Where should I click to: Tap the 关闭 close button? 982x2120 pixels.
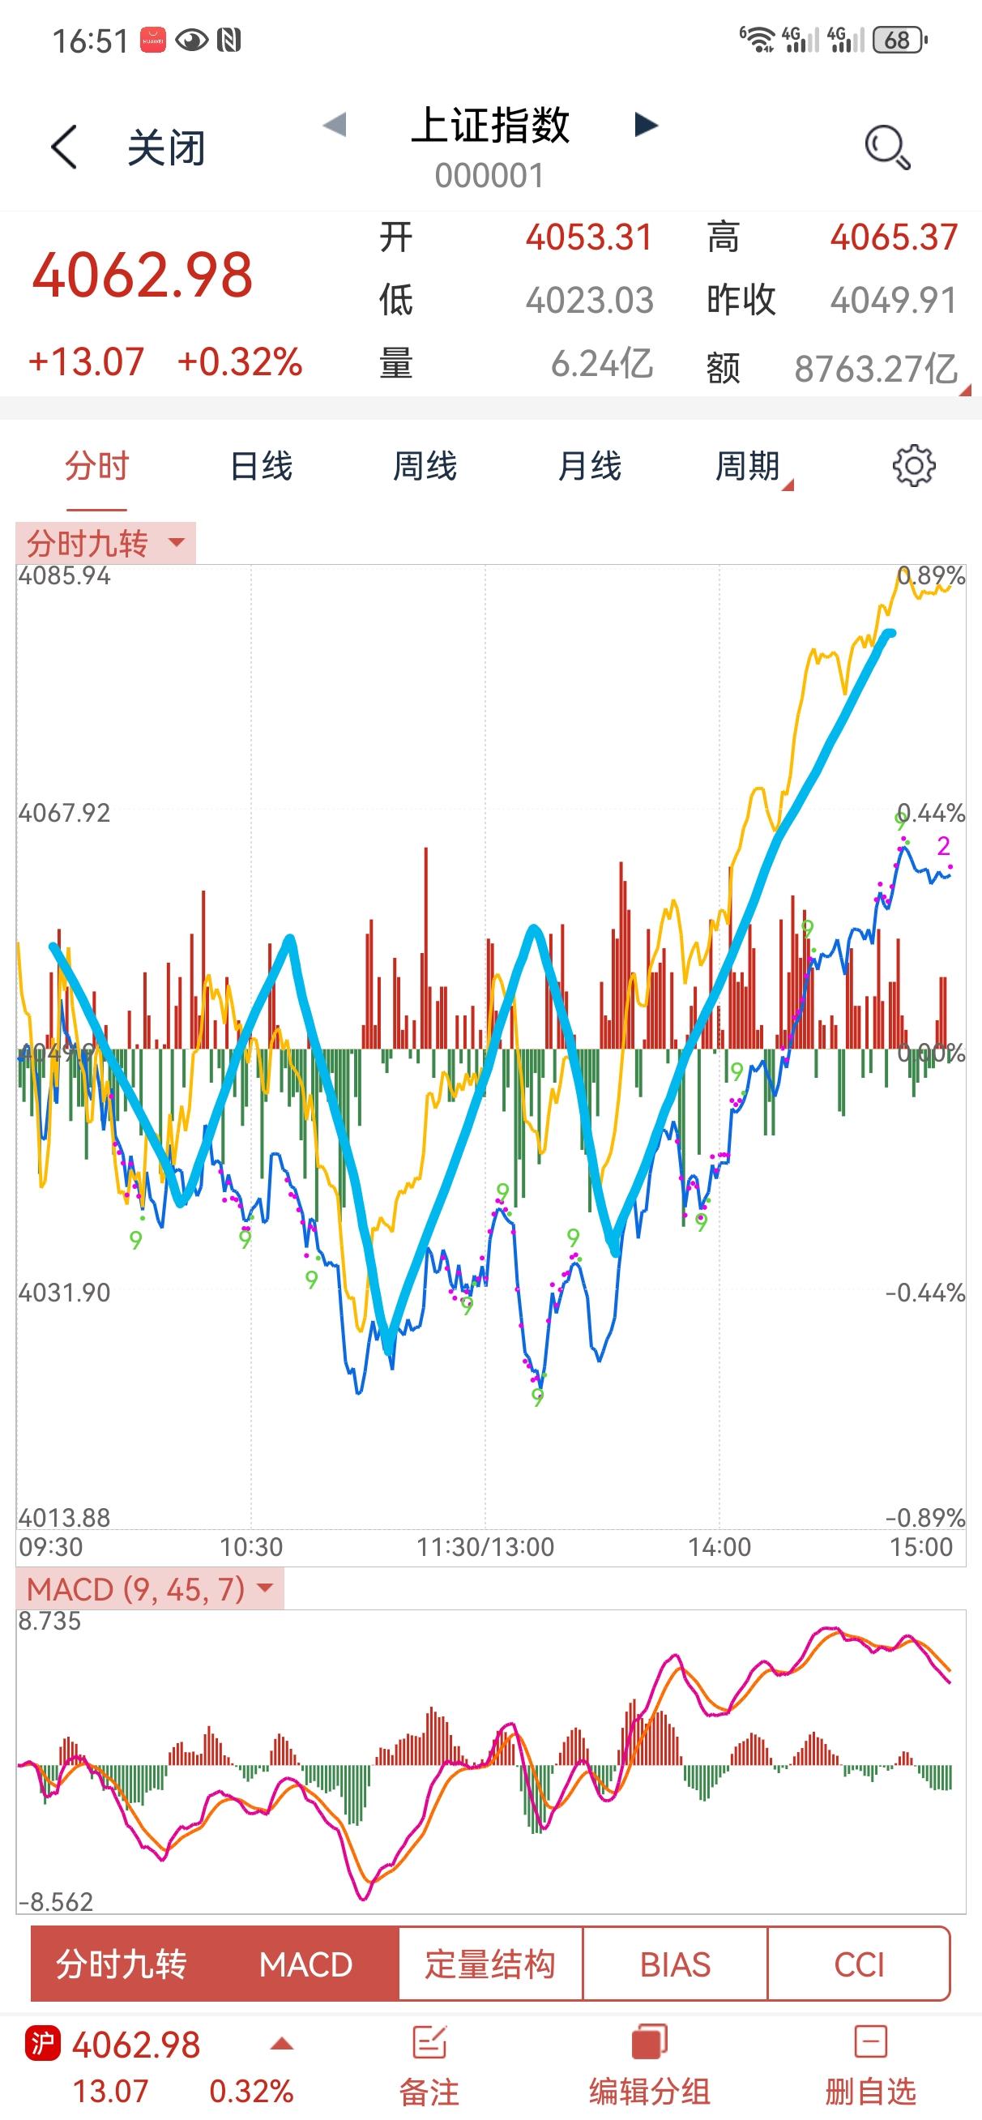pos(164,148)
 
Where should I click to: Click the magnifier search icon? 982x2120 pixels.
pos(887,147)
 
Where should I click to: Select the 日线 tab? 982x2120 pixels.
pos(261,467)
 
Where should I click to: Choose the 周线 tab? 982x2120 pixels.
pos(425,467)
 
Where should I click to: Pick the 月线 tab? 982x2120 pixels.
pos(589,467)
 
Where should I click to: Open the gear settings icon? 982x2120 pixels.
pos(914,467)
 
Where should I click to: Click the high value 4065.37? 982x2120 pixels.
pos(893,237)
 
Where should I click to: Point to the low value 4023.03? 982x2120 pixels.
pos(589,301)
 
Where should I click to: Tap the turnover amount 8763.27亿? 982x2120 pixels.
pos(875,368)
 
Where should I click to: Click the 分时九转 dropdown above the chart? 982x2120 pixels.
pos(105,543)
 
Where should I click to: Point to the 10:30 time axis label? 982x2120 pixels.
pos(251,1547)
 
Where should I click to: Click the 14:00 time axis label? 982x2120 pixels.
pos(719,1547)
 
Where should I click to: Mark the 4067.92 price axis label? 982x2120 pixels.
pos(64,813)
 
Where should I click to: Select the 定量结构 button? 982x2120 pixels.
pos(489,1964)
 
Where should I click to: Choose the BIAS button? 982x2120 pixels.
pos(675,1964)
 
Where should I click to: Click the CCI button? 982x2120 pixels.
pos(859,1964)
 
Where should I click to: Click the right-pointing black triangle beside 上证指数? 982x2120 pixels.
pos(647,125)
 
